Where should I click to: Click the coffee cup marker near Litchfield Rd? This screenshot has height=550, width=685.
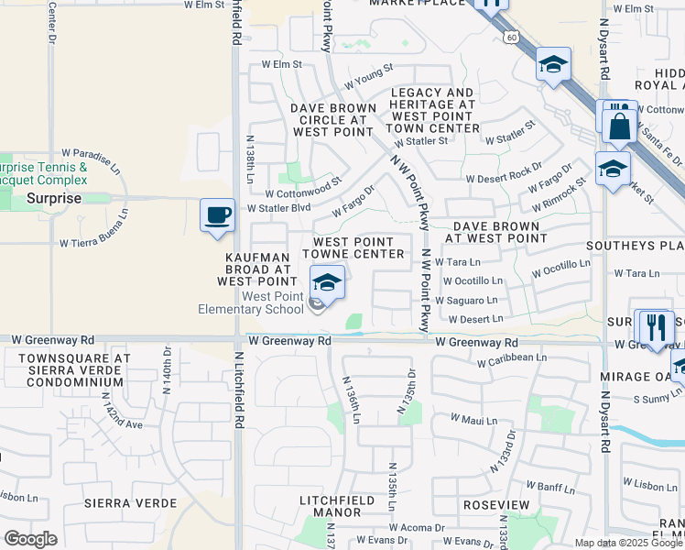[217, 215]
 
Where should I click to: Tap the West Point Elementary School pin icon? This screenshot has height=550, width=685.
[327, 281]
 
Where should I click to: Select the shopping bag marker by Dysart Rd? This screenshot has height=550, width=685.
[619, 126]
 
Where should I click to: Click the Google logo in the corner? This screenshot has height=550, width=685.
[30, 538]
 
